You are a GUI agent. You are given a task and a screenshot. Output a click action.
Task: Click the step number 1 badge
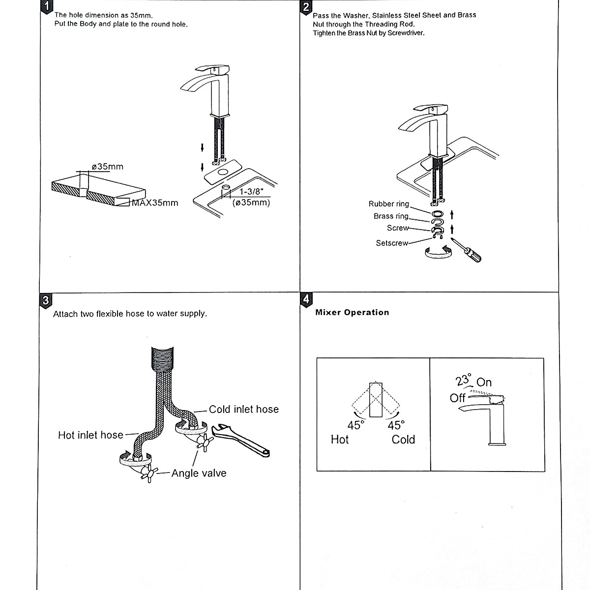pyautogui.click(x=46, y=6)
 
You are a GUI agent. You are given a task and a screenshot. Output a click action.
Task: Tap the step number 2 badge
pyautogui.click(x=306, y=6)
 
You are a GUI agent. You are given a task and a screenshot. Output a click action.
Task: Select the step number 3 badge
pyautogui.click(x=45, y=299)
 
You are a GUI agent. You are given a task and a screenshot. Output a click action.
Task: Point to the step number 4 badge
pyautogui.click(x=306, y=298)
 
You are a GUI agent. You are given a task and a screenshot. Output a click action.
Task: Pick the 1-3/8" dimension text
pyautogui.click(x=252, y=192)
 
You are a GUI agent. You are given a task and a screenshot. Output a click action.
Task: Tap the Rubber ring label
pyautogui.click(x=388, y=204)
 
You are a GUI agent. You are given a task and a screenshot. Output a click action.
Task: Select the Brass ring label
pyautogui.click(x=391, y=216)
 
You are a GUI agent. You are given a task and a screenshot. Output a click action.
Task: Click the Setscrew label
pyautogui.click(x=392, y=243)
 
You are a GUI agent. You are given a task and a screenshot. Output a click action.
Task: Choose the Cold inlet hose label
pyautogui.click(x=243, y=409)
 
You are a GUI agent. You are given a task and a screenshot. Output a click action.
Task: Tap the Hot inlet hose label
pyautogui.click(x=90, y=435)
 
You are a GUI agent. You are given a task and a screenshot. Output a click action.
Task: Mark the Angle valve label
pyautogui.click(x=199, y=473)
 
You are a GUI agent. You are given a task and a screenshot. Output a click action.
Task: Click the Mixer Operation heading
pyautogui.click(x=352, y=312)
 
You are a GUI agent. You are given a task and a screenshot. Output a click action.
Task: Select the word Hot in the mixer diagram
pyautogui.click(x=340, y=439)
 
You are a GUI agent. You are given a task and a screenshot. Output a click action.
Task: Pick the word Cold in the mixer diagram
pyautogui.click(x=403, y=439)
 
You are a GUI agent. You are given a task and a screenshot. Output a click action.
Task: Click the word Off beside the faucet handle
pyautogui.click(x=458, y=398)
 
